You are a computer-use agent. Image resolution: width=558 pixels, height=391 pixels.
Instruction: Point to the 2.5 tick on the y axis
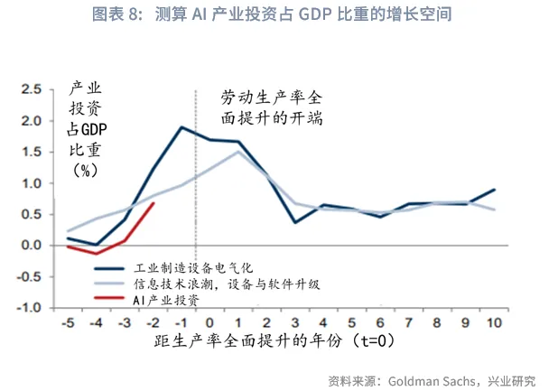tap(33, 89)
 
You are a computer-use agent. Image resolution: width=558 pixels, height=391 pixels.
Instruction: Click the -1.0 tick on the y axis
tap(31, 307)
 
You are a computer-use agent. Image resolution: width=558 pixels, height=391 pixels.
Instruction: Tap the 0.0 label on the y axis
tap(33, 245)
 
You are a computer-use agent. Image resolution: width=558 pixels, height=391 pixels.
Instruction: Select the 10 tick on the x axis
tap(494, 323)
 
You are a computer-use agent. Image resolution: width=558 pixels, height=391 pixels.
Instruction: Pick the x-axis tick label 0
tap(209, 323)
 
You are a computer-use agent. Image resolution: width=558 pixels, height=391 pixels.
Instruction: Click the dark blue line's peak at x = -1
tap(181, 127)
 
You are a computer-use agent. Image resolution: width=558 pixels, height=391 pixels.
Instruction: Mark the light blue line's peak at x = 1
tap(238, 151)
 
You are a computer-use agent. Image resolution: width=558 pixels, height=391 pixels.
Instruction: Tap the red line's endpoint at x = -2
tap(153, 203)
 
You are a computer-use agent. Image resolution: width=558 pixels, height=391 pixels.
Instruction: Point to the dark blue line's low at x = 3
tap(295, 222)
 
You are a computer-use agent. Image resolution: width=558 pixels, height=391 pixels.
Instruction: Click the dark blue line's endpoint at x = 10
tap(495, 190)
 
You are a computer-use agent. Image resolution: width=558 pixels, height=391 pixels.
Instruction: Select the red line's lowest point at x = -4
tap(97, 254)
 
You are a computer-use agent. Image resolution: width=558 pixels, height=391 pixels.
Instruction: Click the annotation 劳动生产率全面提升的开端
tap(272, 107)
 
